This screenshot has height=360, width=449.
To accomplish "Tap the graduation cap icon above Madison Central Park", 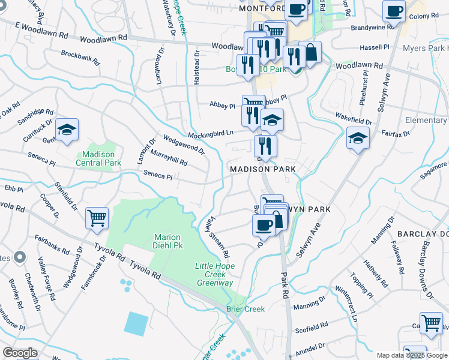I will pos(67,130).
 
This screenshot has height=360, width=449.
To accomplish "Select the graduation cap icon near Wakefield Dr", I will pos(358,138).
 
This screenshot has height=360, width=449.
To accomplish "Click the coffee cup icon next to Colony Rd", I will pos(394,11).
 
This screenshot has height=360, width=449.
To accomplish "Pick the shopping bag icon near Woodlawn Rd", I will pos(310,52).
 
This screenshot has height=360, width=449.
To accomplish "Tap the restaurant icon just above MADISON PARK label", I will pos(265,146).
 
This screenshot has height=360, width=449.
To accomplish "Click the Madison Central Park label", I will pos(99,158).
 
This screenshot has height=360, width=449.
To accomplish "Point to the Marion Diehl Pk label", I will pos(167,241).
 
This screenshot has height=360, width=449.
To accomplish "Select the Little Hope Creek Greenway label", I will pos(214,274).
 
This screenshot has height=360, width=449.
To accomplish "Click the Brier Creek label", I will pos(246,309).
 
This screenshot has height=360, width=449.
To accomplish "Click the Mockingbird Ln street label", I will pos(211,134).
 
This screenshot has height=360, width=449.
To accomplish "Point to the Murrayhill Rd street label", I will pos(169,159).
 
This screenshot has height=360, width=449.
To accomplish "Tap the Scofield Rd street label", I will pos(311,327).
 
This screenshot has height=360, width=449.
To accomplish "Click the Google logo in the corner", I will pos(20,353).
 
